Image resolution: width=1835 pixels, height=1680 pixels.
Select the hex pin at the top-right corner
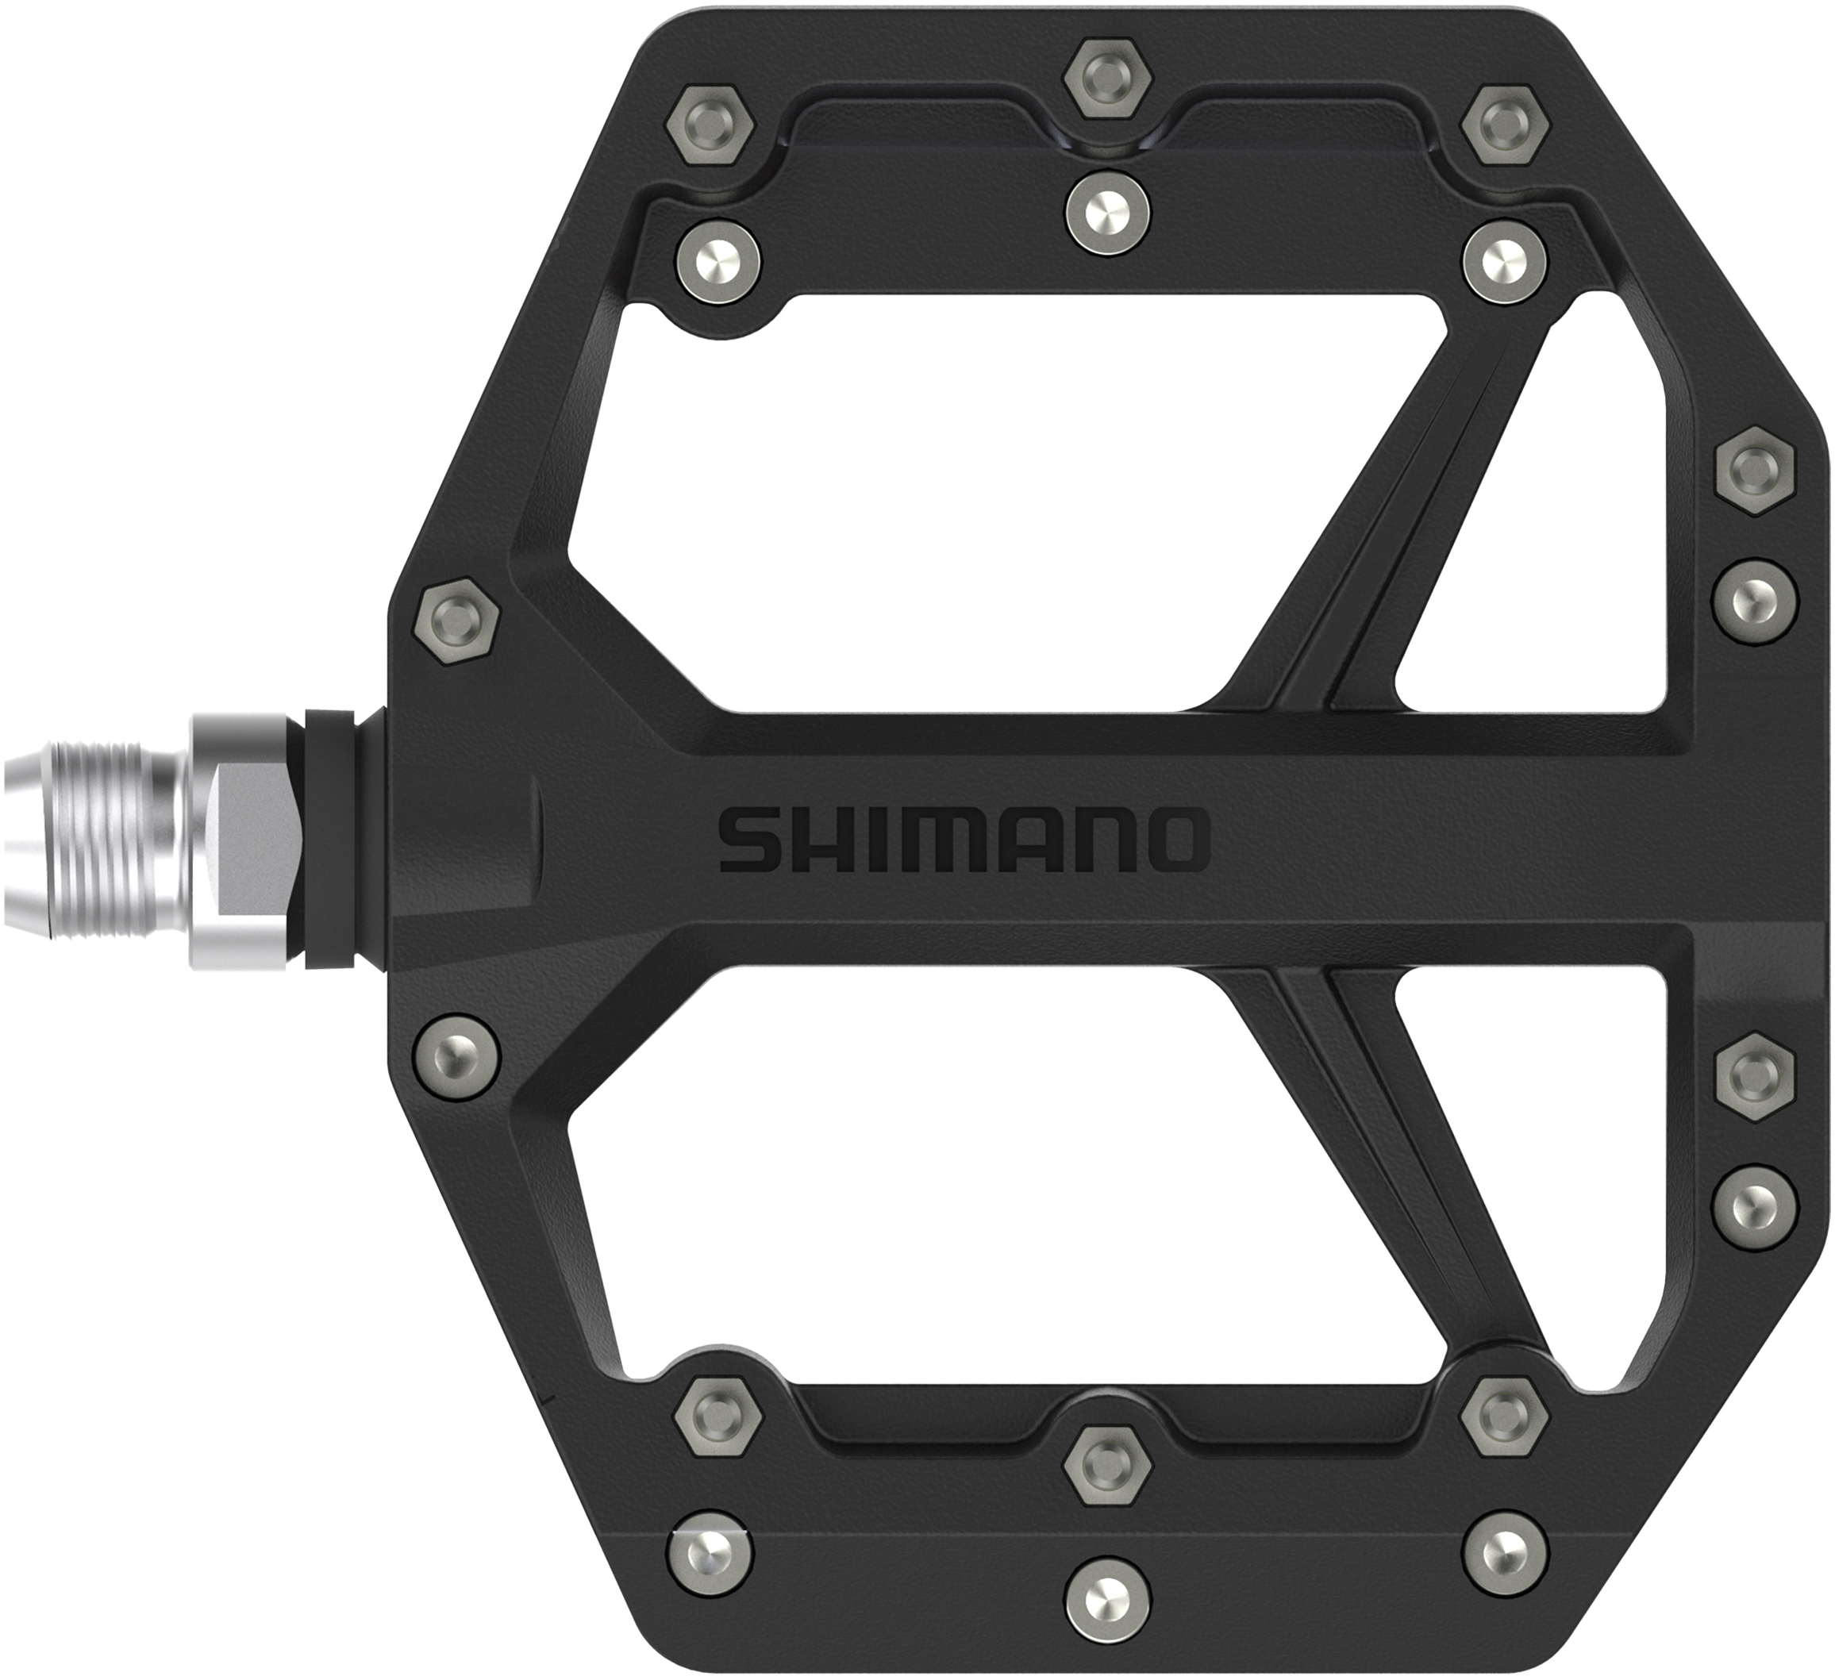pos(1506,126)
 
